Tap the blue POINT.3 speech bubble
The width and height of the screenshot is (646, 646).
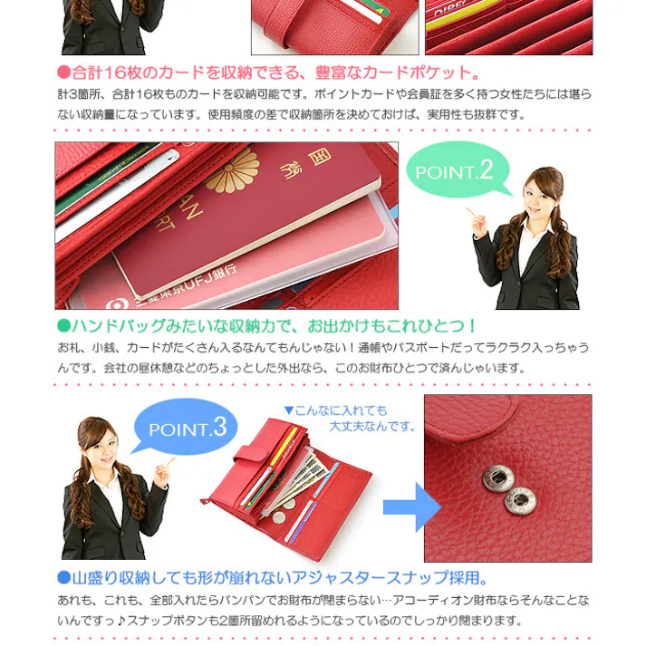(187, 427)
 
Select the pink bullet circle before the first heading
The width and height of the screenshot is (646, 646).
(63, 72)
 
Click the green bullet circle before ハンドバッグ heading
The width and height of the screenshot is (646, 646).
(63, 325)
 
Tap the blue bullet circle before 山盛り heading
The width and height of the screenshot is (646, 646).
(63, 578)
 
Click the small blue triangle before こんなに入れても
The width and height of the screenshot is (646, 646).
(289, 410)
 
